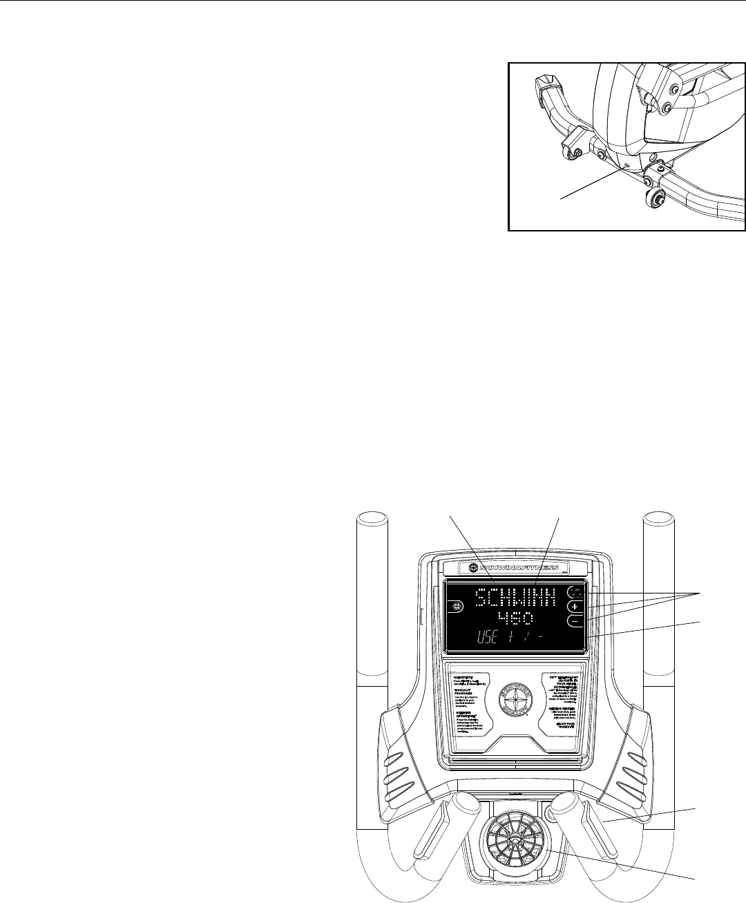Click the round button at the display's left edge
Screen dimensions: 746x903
click(x=457, y=607)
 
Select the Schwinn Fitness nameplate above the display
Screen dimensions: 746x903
click(x=515, y=567)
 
